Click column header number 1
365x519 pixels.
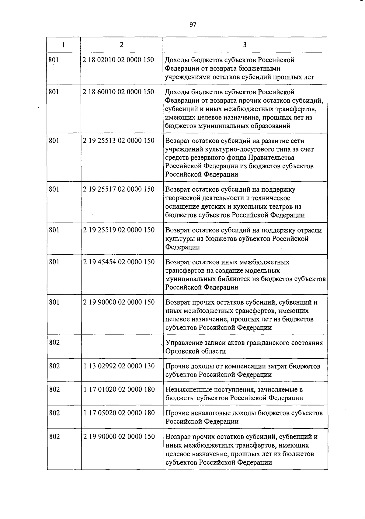coord(63,45)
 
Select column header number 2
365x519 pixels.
coord(122,45)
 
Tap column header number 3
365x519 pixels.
coord(245,45)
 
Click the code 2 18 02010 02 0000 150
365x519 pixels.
coord(118,60)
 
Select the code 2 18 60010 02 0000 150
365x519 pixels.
coord(118,92)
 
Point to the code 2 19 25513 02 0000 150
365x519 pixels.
coord(119,141)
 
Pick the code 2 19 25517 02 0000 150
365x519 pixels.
coord(119,189)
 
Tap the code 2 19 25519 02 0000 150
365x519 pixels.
coord(119,230)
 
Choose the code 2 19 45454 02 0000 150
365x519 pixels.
coord(119,262)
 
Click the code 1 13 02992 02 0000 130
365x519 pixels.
coord(119,366)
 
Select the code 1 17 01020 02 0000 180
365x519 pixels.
coord(119,389)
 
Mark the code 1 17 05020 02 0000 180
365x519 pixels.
coord(119,413)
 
